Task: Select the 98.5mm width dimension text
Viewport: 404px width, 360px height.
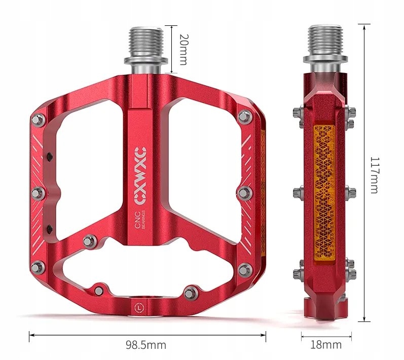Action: point(146,345)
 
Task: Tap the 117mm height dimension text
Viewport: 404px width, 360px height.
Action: point(374,173)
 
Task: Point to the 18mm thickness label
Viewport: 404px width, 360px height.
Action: point(325,345)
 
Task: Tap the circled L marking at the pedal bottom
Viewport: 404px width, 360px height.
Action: point(138,306)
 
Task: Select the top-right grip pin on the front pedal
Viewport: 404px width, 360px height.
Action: point(244,116)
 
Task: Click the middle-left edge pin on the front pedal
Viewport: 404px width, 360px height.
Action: point(36,193)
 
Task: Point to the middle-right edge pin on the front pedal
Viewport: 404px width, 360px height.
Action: point(244,193)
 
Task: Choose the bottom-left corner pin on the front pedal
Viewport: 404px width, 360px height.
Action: point(36,267)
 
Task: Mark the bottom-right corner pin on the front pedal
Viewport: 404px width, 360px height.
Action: point(244,269)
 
